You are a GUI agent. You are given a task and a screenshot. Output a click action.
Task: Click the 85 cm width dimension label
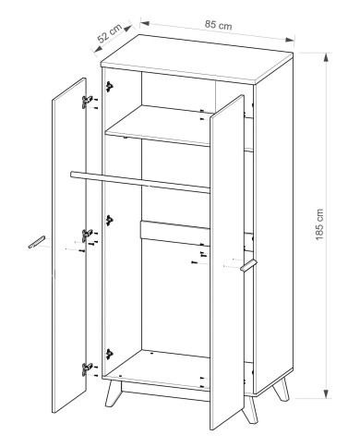click(219, 25)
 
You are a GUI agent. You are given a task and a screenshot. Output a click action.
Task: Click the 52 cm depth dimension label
click(110, 33)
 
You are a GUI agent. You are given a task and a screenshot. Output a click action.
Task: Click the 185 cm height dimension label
click(319, 224)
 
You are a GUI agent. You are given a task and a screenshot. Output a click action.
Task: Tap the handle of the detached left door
click(37, 242)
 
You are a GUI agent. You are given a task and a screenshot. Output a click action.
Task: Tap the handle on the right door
click(248, 265)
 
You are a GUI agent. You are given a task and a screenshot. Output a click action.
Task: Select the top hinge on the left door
click(87, 102)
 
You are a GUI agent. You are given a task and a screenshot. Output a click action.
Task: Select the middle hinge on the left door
click(87, 235)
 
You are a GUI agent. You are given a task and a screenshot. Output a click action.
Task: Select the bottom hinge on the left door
click(87, 368)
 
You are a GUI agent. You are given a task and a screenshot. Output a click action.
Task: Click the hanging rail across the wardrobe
click(140, 182)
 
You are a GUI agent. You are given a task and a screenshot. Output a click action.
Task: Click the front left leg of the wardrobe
click(113, 393)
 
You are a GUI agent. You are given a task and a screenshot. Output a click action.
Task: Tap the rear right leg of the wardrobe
click(282, 389)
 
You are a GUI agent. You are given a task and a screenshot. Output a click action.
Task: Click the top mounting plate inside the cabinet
click(109, 87)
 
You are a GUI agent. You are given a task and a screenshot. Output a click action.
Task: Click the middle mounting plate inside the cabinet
click(109, 220)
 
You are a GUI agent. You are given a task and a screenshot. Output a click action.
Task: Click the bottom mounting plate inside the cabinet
click(109, 354)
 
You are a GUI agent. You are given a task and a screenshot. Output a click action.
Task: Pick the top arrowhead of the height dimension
click(326, 58)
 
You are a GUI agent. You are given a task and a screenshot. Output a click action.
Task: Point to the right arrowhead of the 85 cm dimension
click(290, 40)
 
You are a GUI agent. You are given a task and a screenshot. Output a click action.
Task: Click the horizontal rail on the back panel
click(175, 232)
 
